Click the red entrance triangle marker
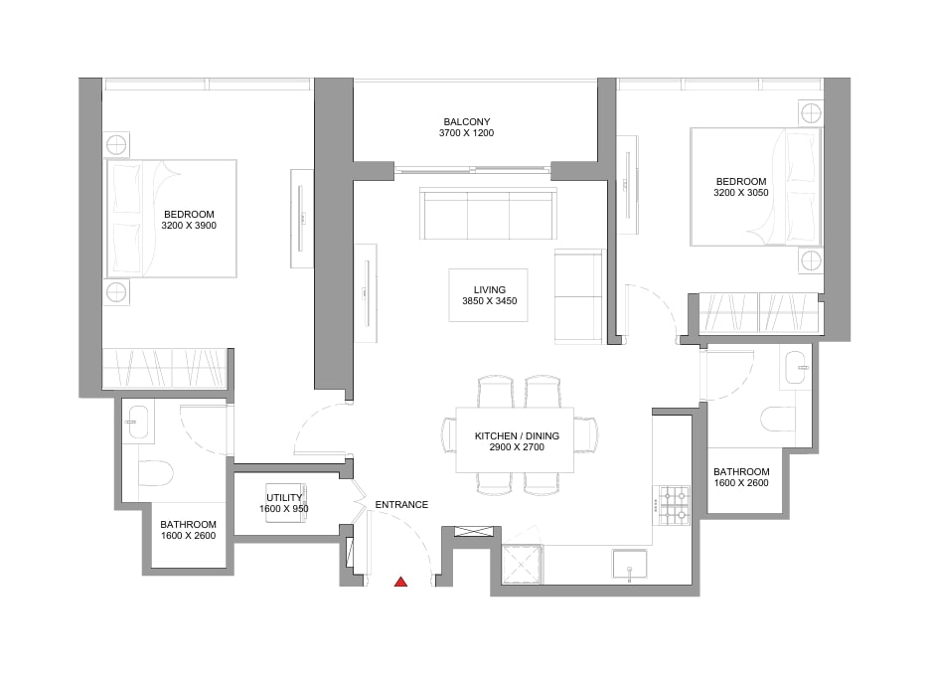pyautogui.click(x=401, y=582)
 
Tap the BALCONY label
pyautogui.click(x=467, y=122)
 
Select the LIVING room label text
pyautogui.click(x=489, y=290)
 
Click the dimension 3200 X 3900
pyautogui.click(x=189, y=226)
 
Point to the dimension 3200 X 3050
pyautogui.click(x=741, y=193)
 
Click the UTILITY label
pyautogui.click(x=284, y=498)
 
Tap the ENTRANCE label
pyautogui.click(x=401, y=504)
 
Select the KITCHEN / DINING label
pyautogui.click(x=517, y=436)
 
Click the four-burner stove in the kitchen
pyautogui.click(x=675, y=506)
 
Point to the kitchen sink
pyautogui.click(x=630, y=564)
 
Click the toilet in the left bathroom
pyautogui.click(x=155, y=473)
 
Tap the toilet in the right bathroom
pyautogui.click(x=779, y=419)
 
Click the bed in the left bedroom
pyautogui.click(x=171, y=219)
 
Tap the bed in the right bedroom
pyautogui.click(x=756, y=186)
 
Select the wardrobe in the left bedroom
pyautogui.click(x=165, y=369)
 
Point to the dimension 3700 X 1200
pyautogui.click(x=467, y=133)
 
